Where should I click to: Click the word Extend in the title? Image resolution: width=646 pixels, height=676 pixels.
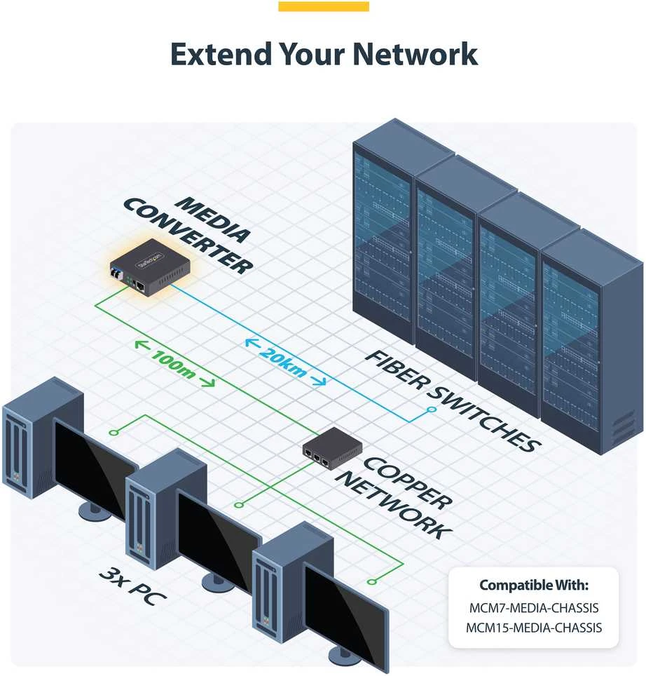[x=221, y=54]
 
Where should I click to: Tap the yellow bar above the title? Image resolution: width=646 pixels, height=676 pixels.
[x=324, y=6]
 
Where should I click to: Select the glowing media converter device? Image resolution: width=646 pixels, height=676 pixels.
[x=150, y=268]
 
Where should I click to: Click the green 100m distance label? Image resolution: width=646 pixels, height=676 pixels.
[x=174, y=364]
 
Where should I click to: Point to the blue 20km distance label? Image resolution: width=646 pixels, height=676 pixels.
[x=285, y=362]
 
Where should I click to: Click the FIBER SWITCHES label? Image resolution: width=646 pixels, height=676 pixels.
[x=452, y=401]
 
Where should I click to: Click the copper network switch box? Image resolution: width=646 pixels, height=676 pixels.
[x=332, y=447]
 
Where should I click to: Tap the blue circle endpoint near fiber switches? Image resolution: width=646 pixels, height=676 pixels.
[x=432, y=409]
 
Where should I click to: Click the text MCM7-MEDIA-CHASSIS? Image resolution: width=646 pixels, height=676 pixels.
[x=534, y=608]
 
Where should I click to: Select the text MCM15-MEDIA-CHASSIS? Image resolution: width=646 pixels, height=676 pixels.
[x=534, y=628]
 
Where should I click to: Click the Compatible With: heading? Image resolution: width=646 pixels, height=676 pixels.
[x=534, y=585]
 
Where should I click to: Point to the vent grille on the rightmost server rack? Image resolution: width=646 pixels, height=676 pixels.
[x=624, y=427]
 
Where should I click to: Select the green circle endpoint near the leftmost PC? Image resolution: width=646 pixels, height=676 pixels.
[x=114, y=433]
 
